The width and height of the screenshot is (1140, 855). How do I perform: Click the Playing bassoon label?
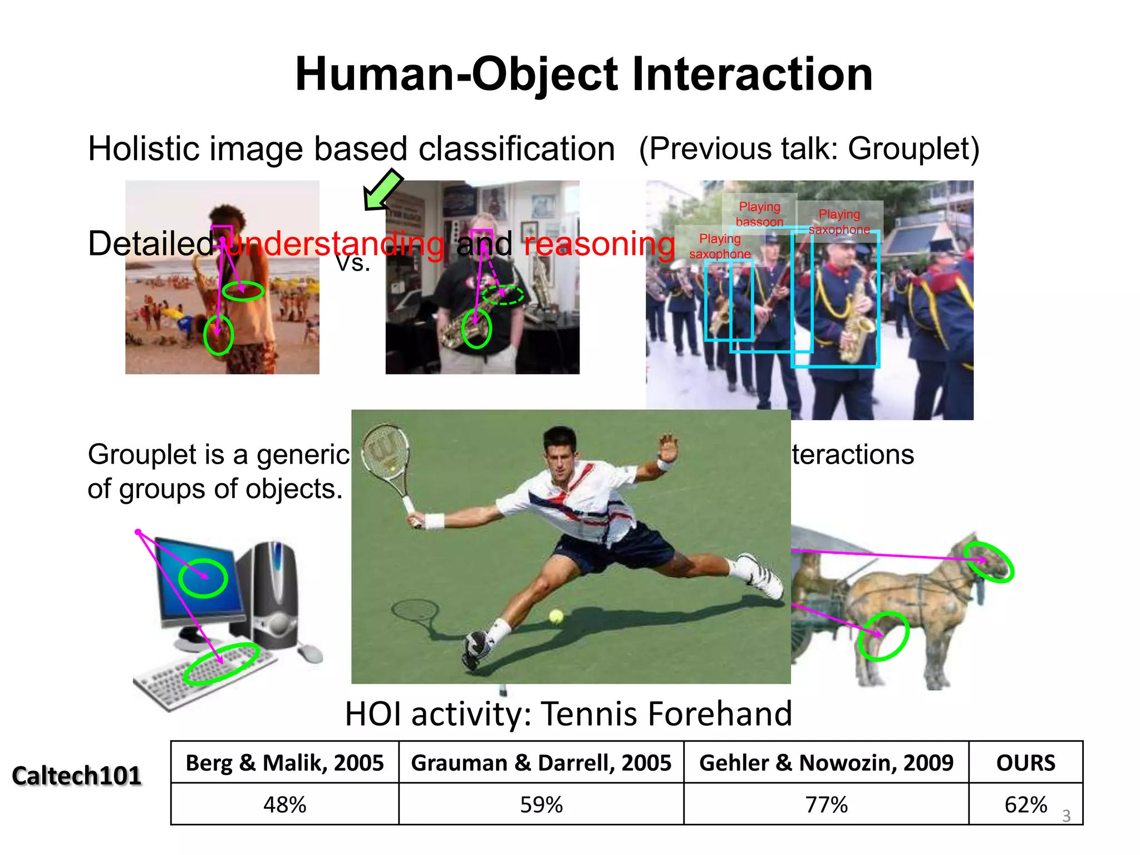(x=759, y=214)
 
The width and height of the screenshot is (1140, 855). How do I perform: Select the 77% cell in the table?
(x=826, y=804)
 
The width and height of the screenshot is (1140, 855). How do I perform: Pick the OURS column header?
(x=1025, y=763)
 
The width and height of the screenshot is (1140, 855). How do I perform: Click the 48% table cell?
(x=284, y=804)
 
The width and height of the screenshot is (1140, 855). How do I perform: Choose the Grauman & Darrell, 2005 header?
(x=541, y=763)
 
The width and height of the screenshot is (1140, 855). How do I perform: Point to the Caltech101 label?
(x=77, y=775)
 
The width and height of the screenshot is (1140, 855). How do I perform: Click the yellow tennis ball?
(x=556, y=616)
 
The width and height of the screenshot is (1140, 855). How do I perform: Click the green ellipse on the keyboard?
(x=221, y=664)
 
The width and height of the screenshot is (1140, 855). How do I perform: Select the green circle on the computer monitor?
(x=203, y=578)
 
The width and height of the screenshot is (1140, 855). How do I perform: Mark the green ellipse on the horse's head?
(x=990, y=562)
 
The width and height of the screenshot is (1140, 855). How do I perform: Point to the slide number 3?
(x=1066, y=816)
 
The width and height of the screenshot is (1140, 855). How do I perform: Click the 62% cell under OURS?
(x=1025, y=804)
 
